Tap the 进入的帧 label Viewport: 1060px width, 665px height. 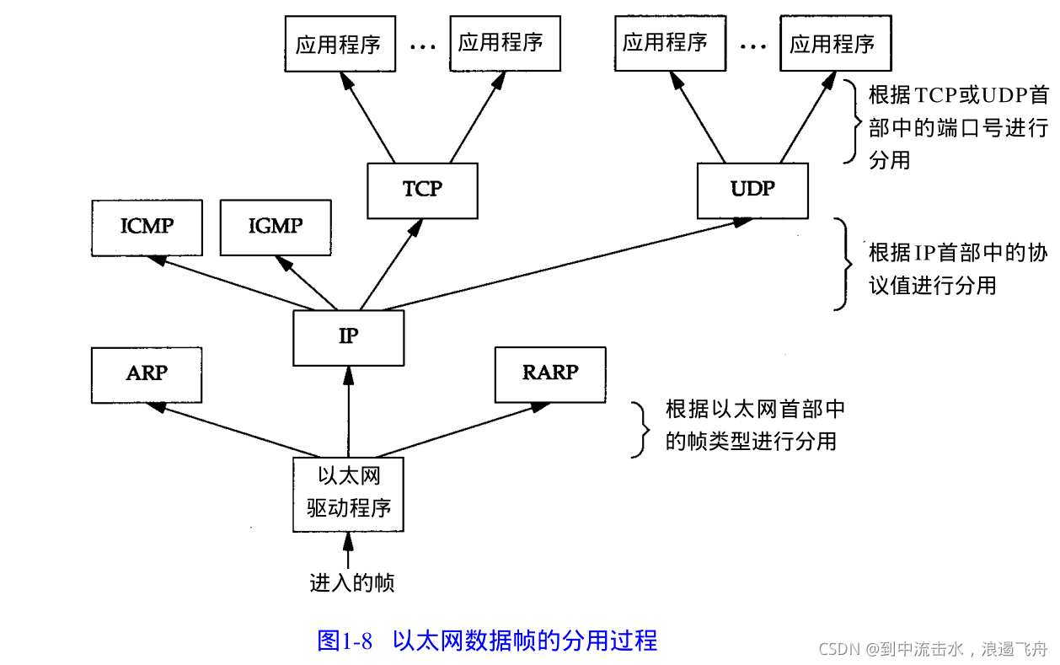pyautogui.click(x=352, y=583)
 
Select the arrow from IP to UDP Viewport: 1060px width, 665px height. pyautogui.click(x=567, y=264)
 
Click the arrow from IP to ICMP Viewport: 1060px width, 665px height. pyautogui.click(x=231, y=283)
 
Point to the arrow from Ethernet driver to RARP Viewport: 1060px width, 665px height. pyautogui.click(x=463, y=430)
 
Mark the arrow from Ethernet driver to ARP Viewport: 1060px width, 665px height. pyautogui.click(x=233, y=430)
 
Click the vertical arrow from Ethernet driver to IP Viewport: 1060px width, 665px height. pyautogui.click(x=349, y=412)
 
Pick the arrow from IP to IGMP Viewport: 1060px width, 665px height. pyautogui.click(x=306, y=283)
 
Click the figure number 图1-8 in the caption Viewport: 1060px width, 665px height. pyautogui.click(x=345, y=641)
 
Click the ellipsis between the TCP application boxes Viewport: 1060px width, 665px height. pyautogui.click(x=423, y=47)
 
